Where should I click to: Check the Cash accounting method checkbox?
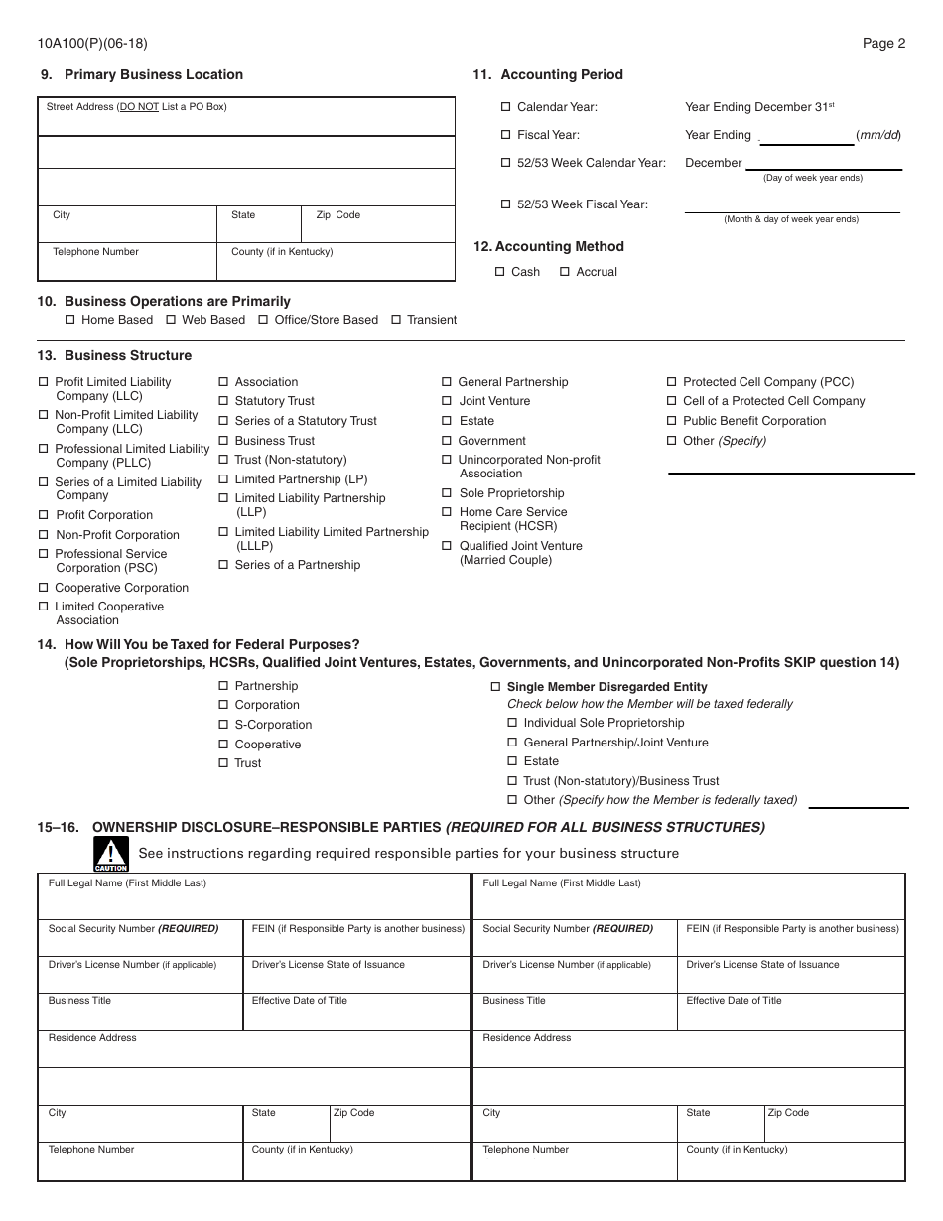[499, 272]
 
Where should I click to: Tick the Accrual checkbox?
[565, 272]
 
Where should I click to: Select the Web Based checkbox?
[171, 320]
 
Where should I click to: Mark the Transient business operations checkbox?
[396, 320]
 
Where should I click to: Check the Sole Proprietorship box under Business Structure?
[447, 493]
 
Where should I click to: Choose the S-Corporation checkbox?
[223, 725]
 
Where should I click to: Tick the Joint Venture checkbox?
[447, 401]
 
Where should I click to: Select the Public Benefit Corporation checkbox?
[672, 421]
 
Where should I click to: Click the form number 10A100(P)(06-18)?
[93, 43]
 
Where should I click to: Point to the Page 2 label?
[883, 43]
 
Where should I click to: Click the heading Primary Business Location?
[153, 74]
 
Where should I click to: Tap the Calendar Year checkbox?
[505, 107]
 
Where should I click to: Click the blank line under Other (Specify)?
[790, 467]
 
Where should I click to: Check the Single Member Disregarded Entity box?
[496, 687]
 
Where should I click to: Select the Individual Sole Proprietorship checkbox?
[512, 723]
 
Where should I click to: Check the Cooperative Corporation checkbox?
[44, 588]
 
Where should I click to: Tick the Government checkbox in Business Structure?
[447, 441]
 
